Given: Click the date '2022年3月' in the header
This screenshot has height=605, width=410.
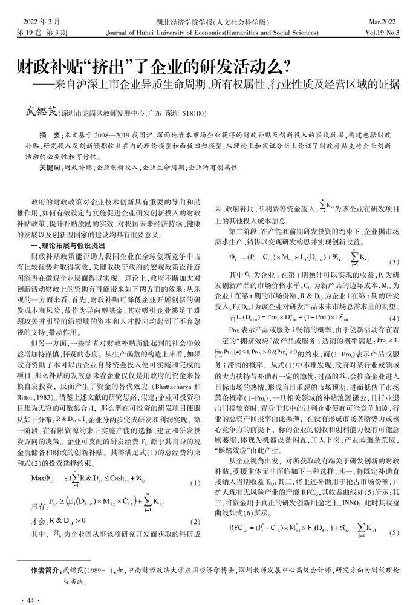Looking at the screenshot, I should click(x=36, y=21).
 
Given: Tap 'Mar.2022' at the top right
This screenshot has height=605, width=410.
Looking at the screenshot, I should click(x=382, y=21).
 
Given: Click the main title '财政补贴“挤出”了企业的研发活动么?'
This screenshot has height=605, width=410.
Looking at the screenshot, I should click(x=145, y=66).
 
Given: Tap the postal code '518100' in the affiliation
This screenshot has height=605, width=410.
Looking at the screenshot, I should click(x=193, y=113).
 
